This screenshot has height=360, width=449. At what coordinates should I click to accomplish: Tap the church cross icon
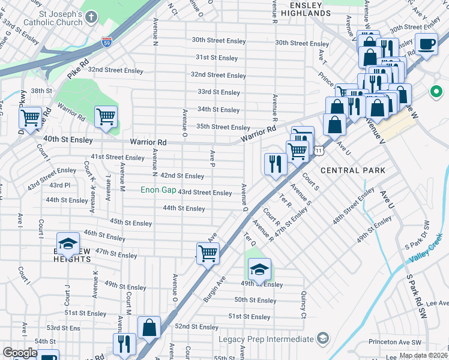click(91, 16)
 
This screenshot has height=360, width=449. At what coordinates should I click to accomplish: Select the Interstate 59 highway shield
click(106, 43)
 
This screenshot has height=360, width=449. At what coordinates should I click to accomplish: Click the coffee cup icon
click(426, 45)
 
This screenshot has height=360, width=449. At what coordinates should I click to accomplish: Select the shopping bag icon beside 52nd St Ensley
click(149, 328)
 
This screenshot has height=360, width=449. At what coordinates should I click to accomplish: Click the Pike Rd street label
click(78, 62)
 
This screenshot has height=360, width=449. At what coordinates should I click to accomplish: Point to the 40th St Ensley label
click(68, 140)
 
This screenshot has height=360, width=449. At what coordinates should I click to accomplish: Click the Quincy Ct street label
click(303, 305)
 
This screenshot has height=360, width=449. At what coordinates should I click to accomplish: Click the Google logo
click(19, 353)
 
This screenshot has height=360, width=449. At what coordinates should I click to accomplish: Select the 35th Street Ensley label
click(223, 127)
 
